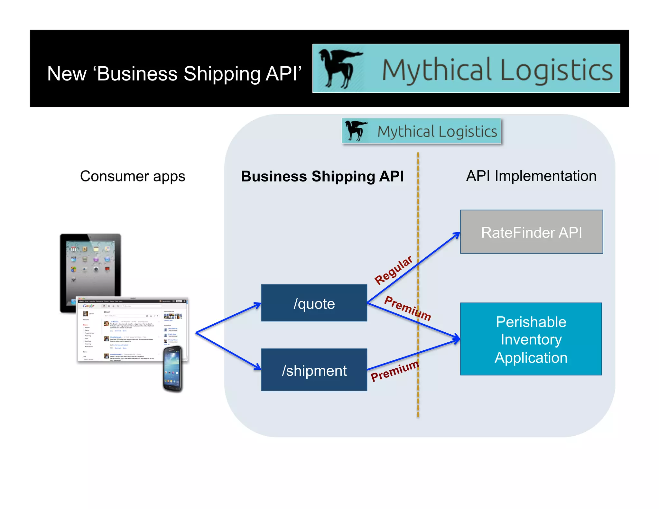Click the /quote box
(x=314, y=303)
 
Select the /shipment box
(x=314, y=370)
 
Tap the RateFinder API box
(x=531, y=232)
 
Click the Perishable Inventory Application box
(x=531, y=339)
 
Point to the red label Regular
(x=393, y=270)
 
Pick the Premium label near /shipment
(x=395, y=371)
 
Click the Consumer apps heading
(x=133, y=176)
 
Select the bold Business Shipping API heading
(x=322, y=177)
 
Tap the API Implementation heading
(x=531, y=176)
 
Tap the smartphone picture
(x=173, y=369)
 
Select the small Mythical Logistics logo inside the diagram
(x=421, y=131)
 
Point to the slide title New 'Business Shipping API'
(x=174, y=74)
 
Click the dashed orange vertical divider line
(x=418, y=209)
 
